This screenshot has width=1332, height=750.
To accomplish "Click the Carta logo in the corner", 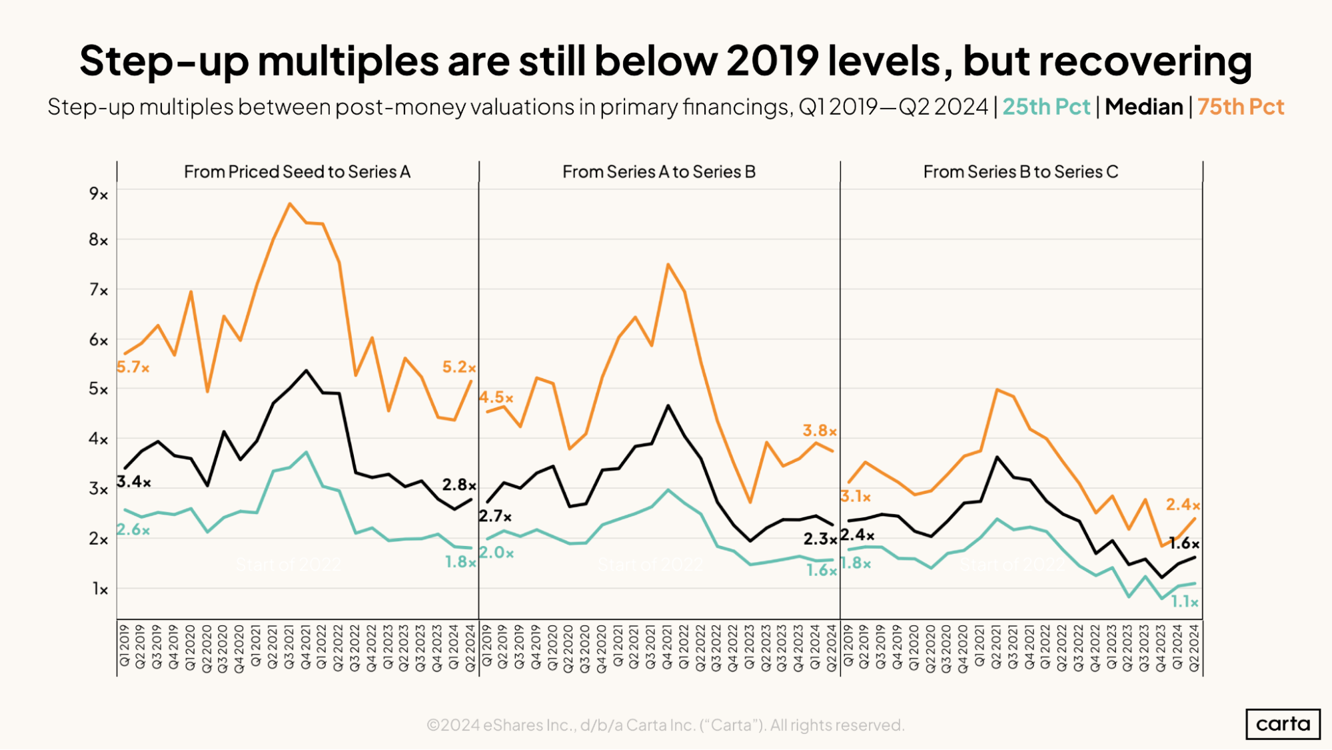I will pos(1282,724).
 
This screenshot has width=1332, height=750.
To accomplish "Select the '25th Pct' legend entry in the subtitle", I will pos(1045,107).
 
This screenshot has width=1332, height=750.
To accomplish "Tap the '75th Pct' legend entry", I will pos(1240,107).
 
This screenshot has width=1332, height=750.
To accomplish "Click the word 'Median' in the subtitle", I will pos(1143,107).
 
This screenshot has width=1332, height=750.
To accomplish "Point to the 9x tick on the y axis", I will pos(99,194).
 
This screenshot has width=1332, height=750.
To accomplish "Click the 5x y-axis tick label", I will pos(99,389).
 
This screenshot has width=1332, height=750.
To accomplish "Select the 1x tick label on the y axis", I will pos(100,589).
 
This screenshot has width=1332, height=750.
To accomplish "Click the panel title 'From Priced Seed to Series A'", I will pos(297,172).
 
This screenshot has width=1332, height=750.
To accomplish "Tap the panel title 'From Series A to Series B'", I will pos(658,172).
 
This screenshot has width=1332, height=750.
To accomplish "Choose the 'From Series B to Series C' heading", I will pos(1020,172).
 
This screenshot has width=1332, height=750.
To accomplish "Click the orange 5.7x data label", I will pos(133,367).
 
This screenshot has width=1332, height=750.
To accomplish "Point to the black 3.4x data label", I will pos(134,481).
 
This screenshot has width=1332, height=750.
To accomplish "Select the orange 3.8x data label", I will pos(820,431).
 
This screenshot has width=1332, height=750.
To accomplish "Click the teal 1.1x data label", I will pos(1185,602).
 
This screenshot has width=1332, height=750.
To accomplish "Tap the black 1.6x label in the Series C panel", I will pos(1184,543).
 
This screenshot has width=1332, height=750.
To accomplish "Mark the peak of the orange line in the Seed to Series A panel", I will pos(289,203).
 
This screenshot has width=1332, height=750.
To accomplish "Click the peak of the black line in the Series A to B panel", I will pos(668,405).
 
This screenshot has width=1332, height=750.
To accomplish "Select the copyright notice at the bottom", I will pos(665,725).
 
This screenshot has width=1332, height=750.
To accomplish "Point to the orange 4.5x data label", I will pos(496,397).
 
